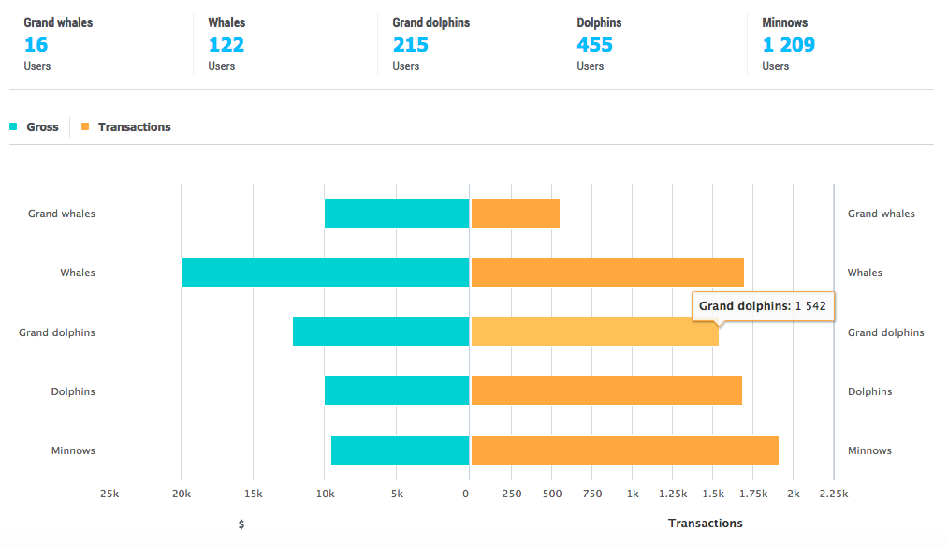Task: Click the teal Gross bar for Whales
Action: pyautogui.click(x=325, y=273)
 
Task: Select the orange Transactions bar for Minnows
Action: pyautogui.click(x=624, y=450)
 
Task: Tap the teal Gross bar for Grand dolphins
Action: pyautogui.click(x=380, y=332)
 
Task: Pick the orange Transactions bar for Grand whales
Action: pyautogui.click(x=515, y=214)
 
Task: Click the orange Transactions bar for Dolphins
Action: pyautogui.click(x=606, y=391)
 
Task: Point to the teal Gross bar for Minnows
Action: pyautogui.click(x=400, y=450)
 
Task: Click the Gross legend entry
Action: pyautogui.click(x=42, y=127)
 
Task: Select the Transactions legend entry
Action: pyautogui.click(x=134, y=127)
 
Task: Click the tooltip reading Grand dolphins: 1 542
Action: pyautogui.click(x=762, y=306)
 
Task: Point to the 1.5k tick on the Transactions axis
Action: pyautogui.click(x=713, y=494)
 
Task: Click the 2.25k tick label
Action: pyautogui.click(x=834, y=494)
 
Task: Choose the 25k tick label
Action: pyautogui.click(x=109, y=494)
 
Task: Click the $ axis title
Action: pyautogui.click(x=241, y=524)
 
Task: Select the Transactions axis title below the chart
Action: pyautogui.click(x=705, y=524)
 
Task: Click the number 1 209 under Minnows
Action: pyautogui.click(x=788, y=44)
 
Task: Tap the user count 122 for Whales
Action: pyautogui.click(x=226, y=44)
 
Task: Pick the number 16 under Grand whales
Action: pyautogui.click(x=36, y=44)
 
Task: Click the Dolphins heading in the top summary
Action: pyautogui.click(x=599, y=22)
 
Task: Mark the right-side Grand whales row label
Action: pyautogui.click(x=881, y=214)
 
